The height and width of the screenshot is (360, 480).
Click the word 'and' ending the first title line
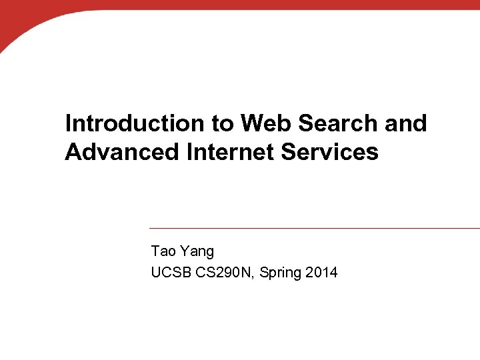tap(408, 123)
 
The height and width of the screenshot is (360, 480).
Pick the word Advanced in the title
tap(122, 152)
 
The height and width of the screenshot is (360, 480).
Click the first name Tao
tap(163, 251)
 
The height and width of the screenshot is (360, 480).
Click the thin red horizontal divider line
tap(313, 228)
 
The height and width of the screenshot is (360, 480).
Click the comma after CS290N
tap(255, 277)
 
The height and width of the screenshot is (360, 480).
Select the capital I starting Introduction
tap(68, 123)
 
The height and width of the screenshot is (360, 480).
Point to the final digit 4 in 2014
tap(333, 272)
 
